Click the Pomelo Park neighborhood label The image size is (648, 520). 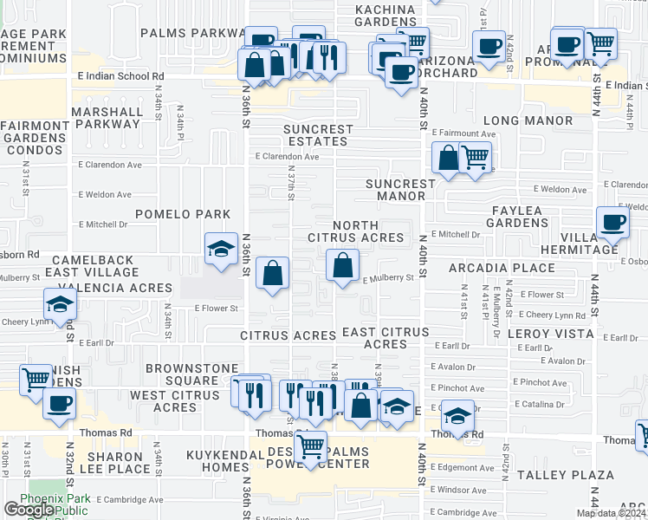182,214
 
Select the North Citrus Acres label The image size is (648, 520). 356,231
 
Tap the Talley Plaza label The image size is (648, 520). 578,475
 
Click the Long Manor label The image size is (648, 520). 528,120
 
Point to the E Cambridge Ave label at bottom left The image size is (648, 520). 130,500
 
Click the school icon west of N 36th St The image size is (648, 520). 221,250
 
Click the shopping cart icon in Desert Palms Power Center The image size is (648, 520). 310,447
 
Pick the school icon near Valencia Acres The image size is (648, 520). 60,304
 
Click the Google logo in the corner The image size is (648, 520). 29,510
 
